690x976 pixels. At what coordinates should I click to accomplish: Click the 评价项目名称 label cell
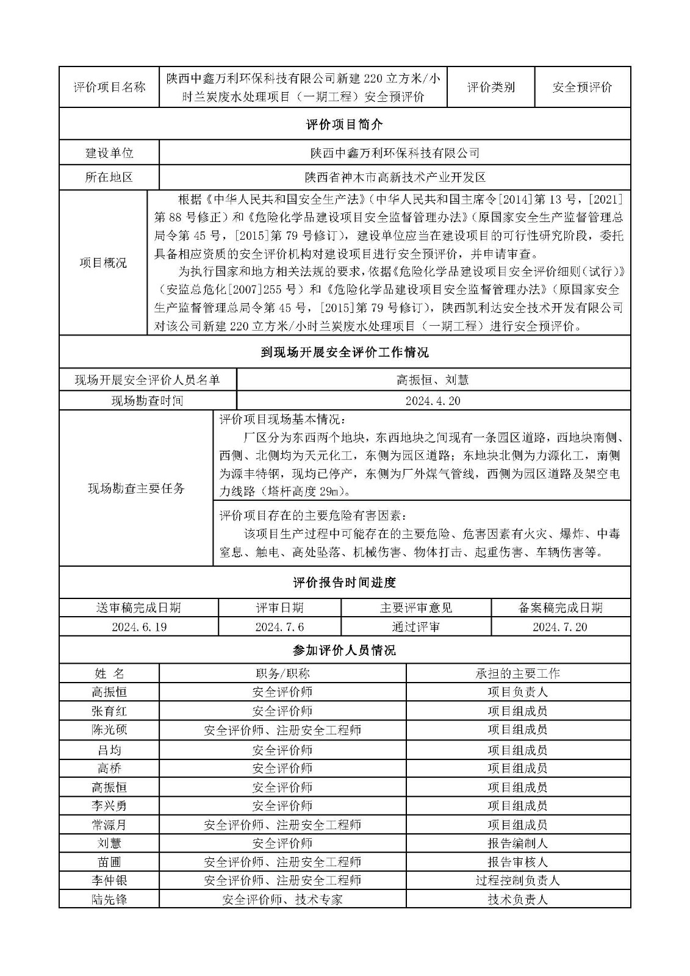click(x=109, y=87)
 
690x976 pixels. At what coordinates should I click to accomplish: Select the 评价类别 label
click(x=491, y=87)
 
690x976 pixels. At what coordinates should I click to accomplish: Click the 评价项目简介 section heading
click(x=345, y=124)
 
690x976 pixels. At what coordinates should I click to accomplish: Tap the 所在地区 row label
click(x=109, y=178)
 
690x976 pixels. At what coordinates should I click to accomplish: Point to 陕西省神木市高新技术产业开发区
click(x=395, y=178)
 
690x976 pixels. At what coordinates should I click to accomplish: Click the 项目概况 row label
click(x=103, y=263)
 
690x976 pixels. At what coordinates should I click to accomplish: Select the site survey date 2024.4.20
click(x=433, y=401)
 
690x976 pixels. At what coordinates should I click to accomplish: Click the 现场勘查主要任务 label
click(x=136, y=488)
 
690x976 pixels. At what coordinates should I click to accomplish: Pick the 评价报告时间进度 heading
click(x=345, y=583)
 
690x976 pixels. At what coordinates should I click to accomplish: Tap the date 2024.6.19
click(x=139, y=627)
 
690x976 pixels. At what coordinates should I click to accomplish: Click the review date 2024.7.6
click(x=279, y=627)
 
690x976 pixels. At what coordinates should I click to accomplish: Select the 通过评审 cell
click(x=416, y=627)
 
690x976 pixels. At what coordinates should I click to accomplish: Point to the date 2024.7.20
click(x=560, y=627)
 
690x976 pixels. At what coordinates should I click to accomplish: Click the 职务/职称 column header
click(x=282, y=673)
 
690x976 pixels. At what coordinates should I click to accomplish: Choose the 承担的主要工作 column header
click(x=517, y=673)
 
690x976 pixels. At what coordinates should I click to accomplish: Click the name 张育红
click(x=109, y=711)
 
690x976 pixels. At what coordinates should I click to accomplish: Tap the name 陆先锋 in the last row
click(x=109, y=899)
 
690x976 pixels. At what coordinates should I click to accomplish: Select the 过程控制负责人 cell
click(x=517, y=880)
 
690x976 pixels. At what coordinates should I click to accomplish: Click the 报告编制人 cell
click(x=517, y=843)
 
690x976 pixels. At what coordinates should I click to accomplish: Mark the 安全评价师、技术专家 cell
click(x=282, y=899)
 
